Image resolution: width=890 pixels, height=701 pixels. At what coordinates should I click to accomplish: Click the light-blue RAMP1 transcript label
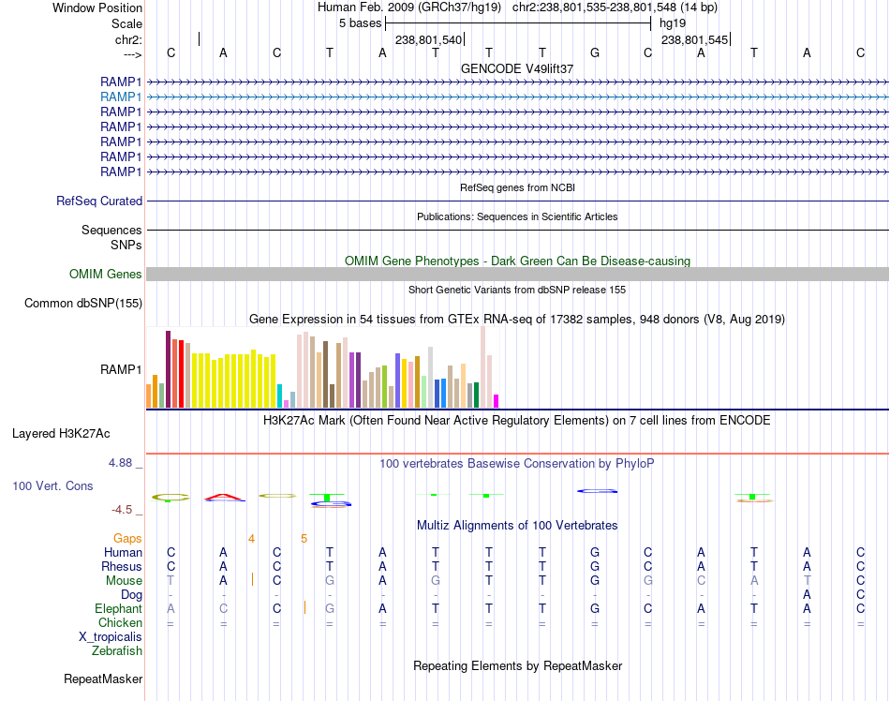(x=121, y=97)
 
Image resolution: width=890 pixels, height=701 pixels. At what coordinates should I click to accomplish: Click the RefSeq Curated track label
(x=99, y=201)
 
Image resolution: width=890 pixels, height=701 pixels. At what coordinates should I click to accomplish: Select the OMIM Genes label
(x=105, y=275)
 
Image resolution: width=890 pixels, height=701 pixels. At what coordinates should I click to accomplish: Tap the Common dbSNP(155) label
(x=83, y=303)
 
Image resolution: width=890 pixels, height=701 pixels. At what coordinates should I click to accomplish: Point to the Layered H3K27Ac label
(x=61, y=434)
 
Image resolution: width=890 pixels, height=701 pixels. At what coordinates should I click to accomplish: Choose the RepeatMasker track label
(x=103, y=679)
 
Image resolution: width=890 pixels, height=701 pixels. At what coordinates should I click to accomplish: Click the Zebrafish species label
(x=116, y=650)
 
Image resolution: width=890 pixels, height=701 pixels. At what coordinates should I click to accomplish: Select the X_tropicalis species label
(x=111, y=636)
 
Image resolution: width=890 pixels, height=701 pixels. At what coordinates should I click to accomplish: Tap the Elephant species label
(x=118, y=608)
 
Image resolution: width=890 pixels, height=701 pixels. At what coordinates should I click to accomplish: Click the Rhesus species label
(x=122, y=566)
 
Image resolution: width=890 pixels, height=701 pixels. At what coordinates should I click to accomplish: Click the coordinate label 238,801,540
(x=428, y=40)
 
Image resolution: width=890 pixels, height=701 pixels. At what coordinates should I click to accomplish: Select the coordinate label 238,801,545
(x=694, y=40)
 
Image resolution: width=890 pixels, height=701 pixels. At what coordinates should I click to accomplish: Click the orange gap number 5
(x=304, y=538)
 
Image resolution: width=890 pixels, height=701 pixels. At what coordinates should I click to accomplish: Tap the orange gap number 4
(x=251, y=538)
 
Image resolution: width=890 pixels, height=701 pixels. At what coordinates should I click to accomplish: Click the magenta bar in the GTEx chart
(x=497, y=401)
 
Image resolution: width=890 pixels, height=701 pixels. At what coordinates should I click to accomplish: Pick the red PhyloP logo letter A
(x=223, y=496)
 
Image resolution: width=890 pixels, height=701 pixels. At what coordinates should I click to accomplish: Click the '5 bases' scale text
(x=360, y=22)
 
